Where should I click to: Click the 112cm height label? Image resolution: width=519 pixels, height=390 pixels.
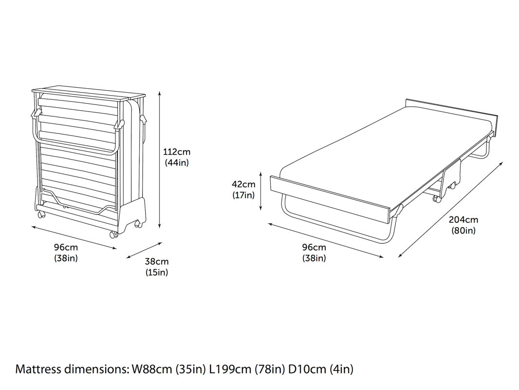[176, 152]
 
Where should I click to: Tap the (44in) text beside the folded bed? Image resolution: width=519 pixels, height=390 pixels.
[176, 163]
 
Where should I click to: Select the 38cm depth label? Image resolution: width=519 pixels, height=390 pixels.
[157, 261]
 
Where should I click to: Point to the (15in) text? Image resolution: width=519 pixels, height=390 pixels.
[157, 273]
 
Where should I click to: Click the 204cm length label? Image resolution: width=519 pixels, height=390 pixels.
[463, 219]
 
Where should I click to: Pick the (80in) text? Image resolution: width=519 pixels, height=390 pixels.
[463, 231]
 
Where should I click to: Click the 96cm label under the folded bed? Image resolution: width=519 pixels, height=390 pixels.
[66, 247]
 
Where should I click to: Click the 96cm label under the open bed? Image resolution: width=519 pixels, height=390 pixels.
[314, 247]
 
